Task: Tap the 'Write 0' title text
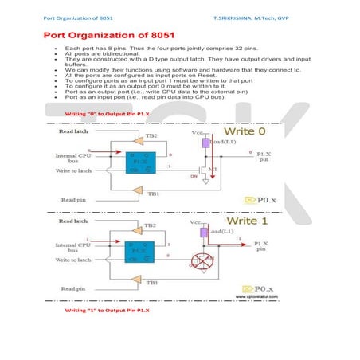tap(251, 130)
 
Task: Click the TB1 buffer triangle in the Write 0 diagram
tap(138, 191)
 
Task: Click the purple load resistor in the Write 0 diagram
tap(205, 143)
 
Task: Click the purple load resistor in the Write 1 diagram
tap(205, 233)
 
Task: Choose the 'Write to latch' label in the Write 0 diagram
tap(75, 171)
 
